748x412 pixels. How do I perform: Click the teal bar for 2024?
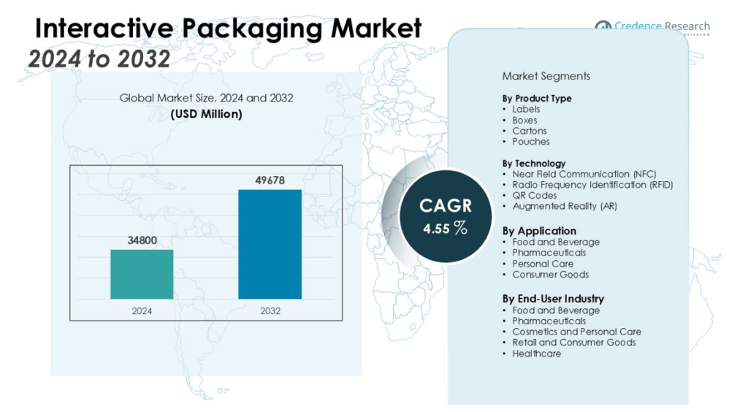142,274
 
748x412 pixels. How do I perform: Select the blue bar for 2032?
270,244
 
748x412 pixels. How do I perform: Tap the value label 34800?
142,240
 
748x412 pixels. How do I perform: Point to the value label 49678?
270,180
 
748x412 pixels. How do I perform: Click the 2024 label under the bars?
142,310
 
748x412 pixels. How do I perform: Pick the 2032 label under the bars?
270,310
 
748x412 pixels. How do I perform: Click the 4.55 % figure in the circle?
445,228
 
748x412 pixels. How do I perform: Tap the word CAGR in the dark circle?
445,205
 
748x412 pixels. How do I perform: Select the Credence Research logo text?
661,26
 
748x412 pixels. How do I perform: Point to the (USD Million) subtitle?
206,114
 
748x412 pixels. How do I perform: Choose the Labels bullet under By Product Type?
526,110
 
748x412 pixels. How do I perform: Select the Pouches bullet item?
530,142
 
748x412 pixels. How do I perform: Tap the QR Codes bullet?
534,196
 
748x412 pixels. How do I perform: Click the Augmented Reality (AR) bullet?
564,206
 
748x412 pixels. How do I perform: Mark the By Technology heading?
533,164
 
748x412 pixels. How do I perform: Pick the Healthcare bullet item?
536,354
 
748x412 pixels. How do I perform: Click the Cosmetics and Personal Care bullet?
576,332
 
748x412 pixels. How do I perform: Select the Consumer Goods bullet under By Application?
550,275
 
